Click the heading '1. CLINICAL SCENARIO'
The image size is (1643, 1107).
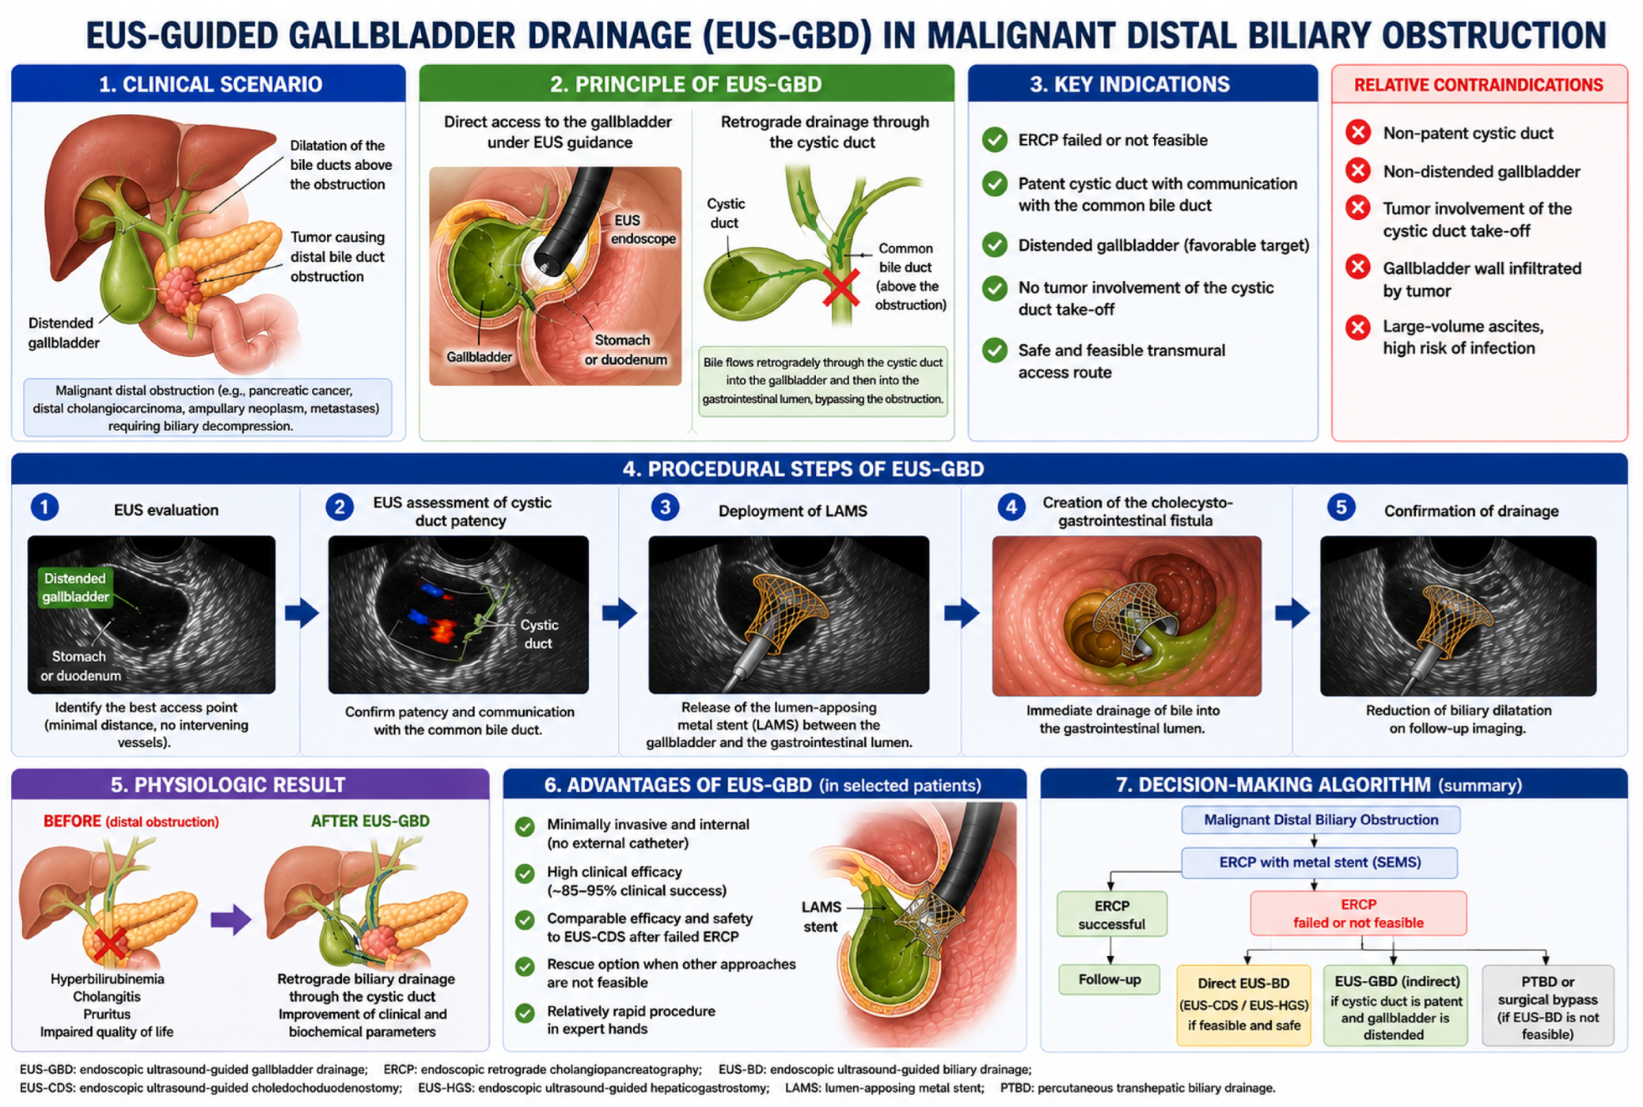[x=211, y=84]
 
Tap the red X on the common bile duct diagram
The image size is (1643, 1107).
[x=840, y=287]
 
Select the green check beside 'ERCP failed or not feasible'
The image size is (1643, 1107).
[x=995, y=140]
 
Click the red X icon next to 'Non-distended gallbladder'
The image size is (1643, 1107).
[x=1358, y=171]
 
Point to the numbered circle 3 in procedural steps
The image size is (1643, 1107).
[x=665, y=507]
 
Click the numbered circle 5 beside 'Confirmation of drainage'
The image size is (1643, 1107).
[x=1341, y=507]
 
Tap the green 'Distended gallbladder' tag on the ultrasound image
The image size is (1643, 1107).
[x=75, y=587]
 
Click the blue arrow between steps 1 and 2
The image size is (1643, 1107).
[x=302, y=612]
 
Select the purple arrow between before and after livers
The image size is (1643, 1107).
[x=231, y=919]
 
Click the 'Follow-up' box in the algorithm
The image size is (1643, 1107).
[x=1110, y=980]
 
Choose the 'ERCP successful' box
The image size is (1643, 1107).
[x=1111, y=915]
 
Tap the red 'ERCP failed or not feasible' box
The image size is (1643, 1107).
[x=1358, y=913]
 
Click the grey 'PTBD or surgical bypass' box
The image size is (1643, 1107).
[x=1547, y=1006]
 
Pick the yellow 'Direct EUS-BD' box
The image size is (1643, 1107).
[x=1243, y=1005]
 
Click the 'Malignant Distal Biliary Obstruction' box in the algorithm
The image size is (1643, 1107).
[x=1321, y=820]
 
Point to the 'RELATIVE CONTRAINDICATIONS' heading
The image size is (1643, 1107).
[x=1478, y=85]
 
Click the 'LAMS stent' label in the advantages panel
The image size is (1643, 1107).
[x=821, y=917]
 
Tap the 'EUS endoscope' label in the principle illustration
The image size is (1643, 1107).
[x=643, y=229]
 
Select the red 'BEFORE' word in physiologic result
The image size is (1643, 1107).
[x=72, y=821]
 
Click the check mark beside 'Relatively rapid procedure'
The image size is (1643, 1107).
[x=524, y=1014]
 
